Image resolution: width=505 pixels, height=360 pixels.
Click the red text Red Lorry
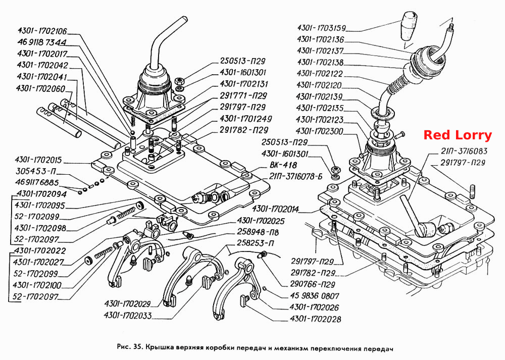click(x=458, y=135)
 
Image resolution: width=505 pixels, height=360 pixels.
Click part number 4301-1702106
click(x=42, y=31)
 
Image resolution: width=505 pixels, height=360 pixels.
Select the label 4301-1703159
click(x=321, y=28)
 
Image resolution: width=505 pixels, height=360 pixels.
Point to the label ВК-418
click(x=283, y=165)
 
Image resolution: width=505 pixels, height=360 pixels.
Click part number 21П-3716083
click(x=464, y=151)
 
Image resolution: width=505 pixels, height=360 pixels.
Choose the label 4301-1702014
click(x=276, y=210)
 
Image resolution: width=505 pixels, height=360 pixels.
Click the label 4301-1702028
click(x=315, y=319)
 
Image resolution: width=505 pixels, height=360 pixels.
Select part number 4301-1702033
click(x=128, y=315)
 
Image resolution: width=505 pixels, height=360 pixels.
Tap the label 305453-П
click(x=36, y=171)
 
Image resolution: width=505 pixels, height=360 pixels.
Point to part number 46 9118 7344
click(x=42, y=42)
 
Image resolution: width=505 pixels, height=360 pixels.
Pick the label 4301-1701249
click(x=246, y=119)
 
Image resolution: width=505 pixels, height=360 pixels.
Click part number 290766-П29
click(x=313, y=284)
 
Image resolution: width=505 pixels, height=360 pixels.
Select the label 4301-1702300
click(x=320, y=131)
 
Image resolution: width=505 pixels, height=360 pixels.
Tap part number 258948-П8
click(x=258, y=232)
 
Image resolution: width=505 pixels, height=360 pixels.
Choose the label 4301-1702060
click(x=40, y=88)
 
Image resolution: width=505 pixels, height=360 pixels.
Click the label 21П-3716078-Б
click(x=295, y=176)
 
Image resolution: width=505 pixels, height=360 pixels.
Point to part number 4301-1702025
click(x=261, y=221)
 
